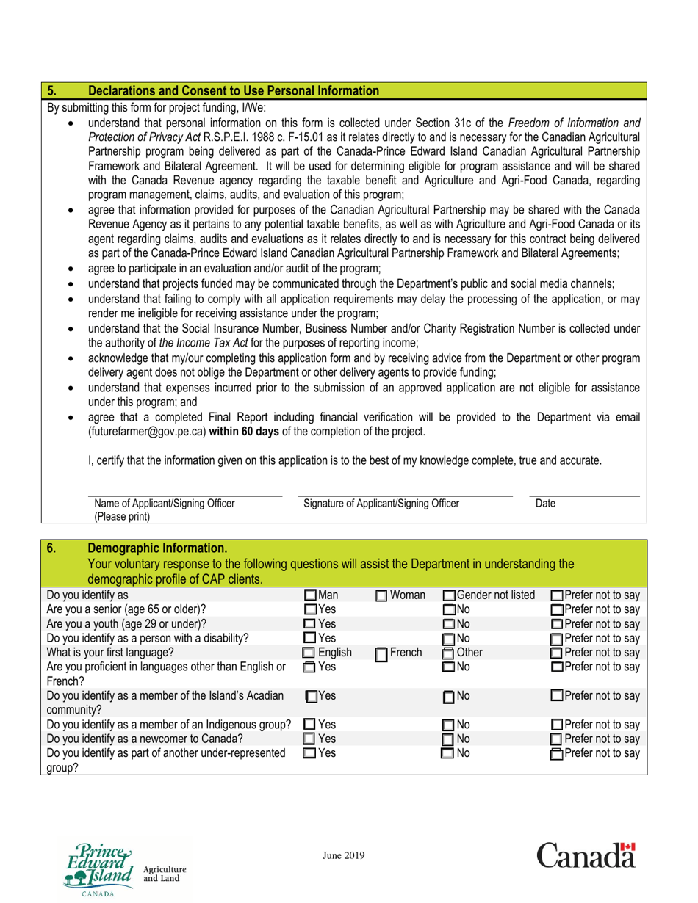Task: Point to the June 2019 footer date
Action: tap(344, 855)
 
